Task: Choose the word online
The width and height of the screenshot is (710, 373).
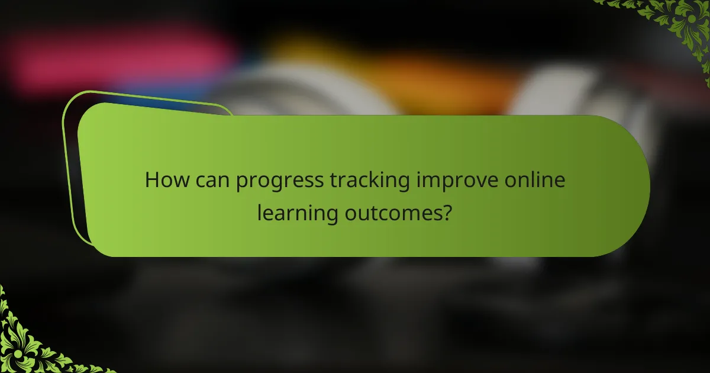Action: (x=536, y=180)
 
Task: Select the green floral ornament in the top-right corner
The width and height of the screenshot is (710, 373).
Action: (x=680, y=24)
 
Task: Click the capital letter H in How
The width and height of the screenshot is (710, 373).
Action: (x=151, y=180)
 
